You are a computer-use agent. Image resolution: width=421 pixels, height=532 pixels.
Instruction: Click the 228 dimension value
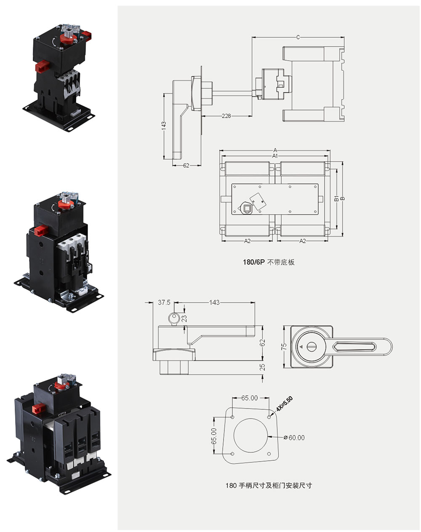coord(226,116)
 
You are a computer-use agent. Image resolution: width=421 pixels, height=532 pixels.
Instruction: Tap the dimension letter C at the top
coord(298,38)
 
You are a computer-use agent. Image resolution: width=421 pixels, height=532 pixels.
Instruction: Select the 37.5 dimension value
coord(164,302)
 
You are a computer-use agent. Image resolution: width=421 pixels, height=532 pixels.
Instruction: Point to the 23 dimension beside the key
coord(184,318)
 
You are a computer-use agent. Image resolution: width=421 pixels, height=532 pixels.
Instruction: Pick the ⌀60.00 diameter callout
coord(294,438)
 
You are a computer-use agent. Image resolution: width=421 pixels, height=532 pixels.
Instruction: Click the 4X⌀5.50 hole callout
coord(284,404)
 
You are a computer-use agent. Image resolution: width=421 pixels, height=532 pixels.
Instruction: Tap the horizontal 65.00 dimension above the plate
coord(249,398)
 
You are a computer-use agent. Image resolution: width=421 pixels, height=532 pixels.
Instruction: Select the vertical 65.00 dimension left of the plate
coord(214,436)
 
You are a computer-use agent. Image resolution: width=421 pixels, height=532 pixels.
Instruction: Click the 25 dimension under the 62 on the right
coord(262,367)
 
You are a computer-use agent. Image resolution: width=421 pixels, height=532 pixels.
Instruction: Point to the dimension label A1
coord(275,156)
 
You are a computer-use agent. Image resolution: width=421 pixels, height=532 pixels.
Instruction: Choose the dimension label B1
coord(336,199)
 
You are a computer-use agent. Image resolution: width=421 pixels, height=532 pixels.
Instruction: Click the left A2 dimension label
coord(247,241)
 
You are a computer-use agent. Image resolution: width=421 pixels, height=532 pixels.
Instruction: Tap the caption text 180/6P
coord(253,262)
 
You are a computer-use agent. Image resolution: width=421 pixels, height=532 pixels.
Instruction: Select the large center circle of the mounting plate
coord(250,435)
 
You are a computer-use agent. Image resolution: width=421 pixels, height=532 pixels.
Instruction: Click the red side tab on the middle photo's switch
coord(41,231)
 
